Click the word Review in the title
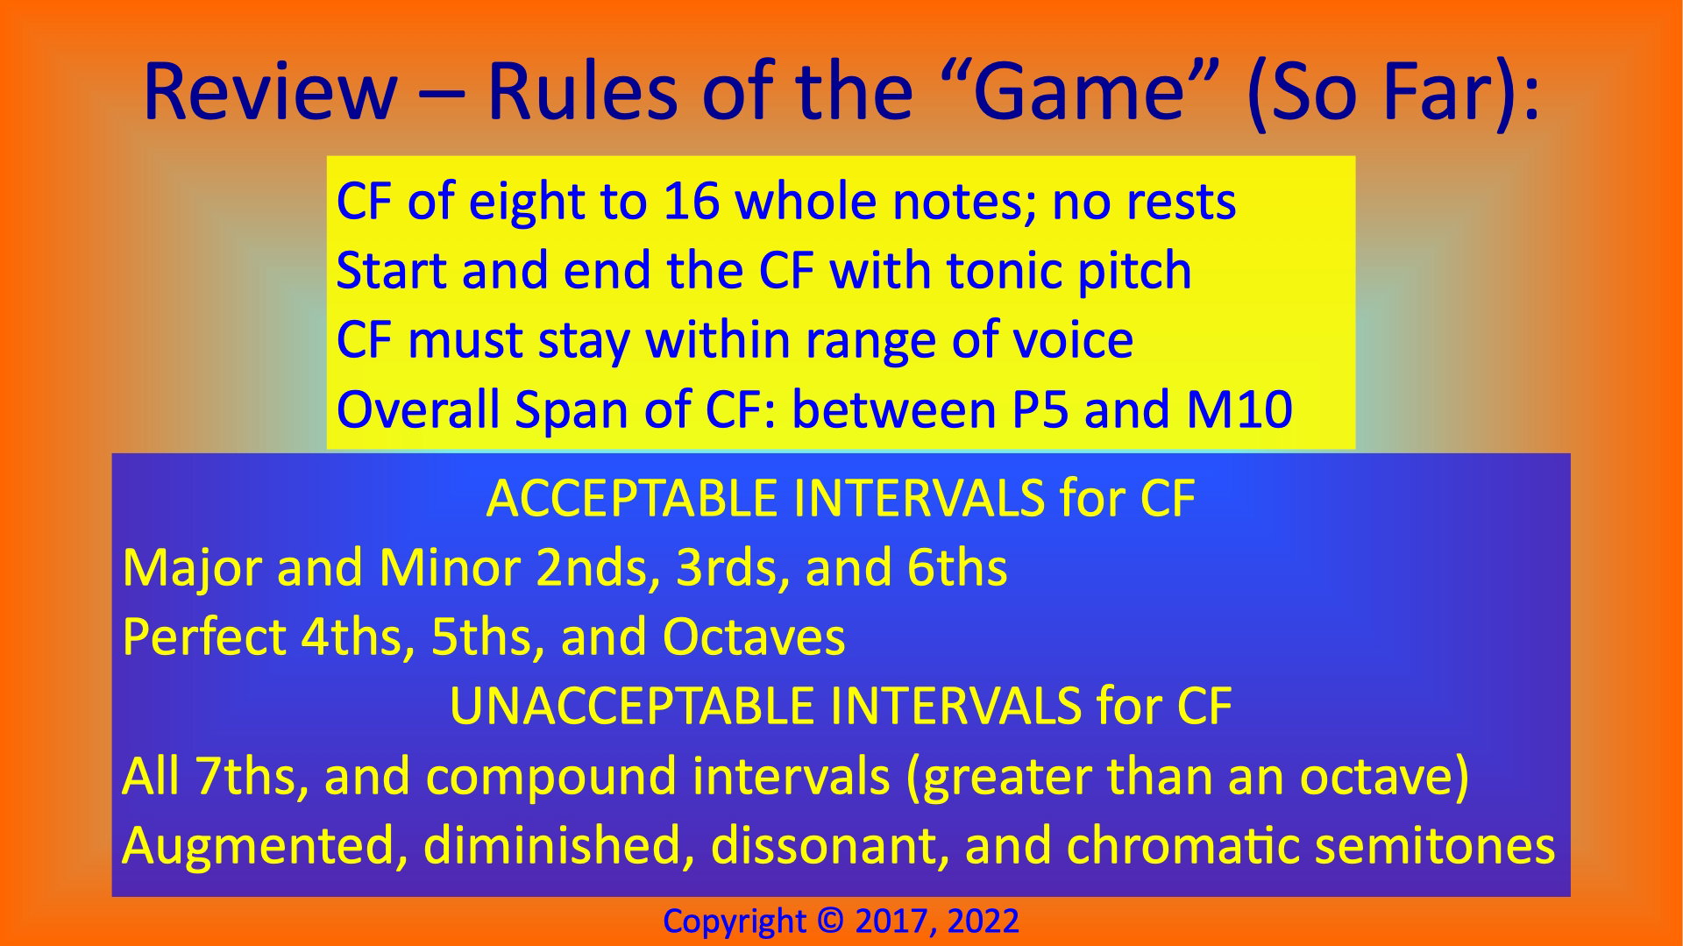[x=269, y=91]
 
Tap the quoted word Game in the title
[x=1079, y=91]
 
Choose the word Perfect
[x=204, y=637]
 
